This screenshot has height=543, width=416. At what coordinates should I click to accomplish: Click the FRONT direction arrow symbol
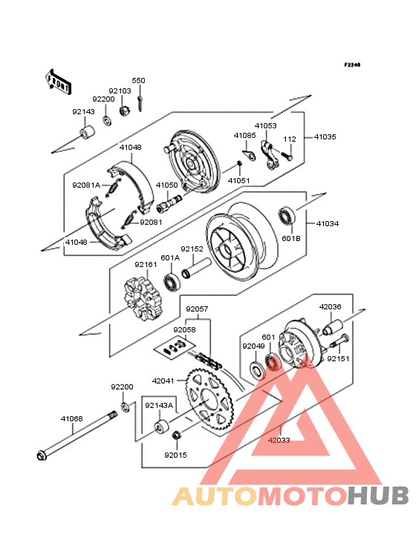pos(58,82)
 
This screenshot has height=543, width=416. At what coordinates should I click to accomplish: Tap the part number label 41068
pos(72,418)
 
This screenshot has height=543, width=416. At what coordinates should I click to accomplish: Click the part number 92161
pos(146,264)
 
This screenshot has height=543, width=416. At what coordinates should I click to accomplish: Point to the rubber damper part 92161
pos(143,295)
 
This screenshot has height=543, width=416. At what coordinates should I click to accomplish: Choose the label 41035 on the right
pos(325,136)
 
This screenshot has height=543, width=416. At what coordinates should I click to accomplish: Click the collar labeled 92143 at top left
pos(88,133)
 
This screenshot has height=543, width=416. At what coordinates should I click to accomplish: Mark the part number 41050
pos(166,185)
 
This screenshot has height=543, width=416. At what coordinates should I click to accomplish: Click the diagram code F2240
pos(353,65)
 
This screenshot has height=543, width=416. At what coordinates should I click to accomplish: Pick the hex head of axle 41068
pos(42,455)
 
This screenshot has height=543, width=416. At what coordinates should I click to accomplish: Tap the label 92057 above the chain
pos(197,309)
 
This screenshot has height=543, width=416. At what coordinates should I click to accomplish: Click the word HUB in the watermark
pos(378,496)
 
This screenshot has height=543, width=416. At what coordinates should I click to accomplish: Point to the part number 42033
pos(279,440)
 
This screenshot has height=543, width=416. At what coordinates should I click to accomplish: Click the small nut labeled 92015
pos(177,435)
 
